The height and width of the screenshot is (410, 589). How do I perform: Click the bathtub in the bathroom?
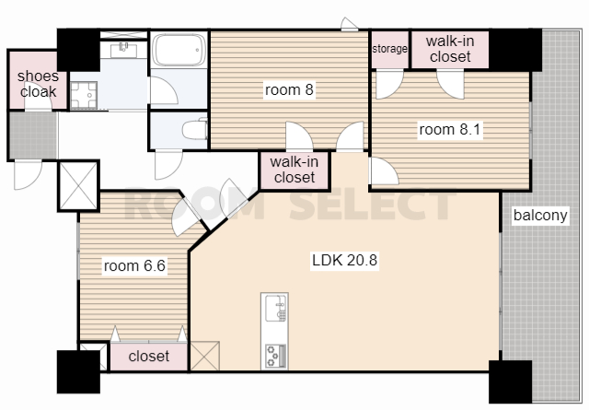[x=179, y=50]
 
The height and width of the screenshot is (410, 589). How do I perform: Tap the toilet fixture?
[x=195, y=129]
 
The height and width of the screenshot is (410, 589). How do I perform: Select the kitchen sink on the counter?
[x=275, y=309]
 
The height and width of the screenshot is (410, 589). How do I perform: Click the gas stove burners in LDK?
[x=275, y=356]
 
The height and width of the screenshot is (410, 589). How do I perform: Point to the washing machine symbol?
[x=84, y=95]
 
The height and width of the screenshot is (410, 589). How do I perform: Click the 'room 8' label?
[x=289, y=90]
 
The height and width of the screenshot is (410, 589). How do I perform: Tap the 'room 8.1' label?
[x=450, y=130]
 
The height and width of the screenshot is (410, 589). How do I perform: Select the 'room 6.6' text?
[x=134, y=266]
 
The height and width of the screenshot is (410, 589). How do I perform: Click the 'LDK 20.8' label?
[x=344, y=261]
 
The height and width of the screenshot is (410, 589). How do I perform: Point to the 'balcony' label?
[x=540, y=216]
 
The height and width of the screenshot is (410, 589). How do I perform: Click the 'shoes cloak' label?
[x=38, y=84]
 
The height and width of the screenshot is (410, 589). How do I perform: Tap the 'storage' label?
[x=389, y=49]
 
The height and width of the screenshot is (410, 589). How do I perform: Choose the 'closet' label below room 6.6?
[x=149, y=356]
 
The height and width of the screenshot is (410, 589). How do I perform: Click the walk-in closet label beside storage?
[x=450, y=49]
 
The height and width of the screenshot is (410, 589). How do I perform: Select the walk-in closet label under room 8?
[x=294, y=170]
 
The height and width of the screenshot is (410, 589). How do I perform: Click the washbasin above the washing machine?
[x=123, y=50]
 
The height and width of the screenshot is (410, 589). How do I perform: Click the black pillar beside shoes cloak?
[x=78, y=50]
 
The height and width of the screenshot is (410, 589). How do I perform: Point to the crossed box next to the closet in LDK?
[x=205, y=356]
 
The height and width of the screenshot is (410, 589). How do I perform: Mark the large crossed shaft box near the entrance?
[x=78, y=186]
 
